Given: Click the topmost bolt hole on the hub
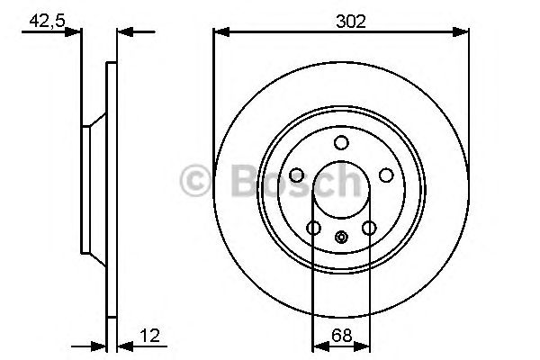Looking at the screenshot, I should (x=341, y=142).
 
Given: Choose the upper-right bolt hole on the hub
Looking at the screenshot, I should (x=386, y=175).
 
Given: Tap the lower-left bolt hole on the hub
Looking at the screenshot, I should (x=313, y=228).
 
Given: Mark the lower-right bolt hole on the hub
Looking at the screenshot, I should (x=369, y=228).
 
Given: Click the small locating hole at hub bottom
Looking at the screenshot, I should (x=341, y=238).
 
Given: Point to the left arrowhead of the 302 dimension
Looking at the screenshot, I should (x=220, y=32).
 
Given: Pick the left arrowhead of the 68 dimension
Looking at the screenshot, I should (x=318, y=345).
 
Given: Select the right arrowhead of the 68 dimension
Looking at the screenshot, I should (x=365, y=345).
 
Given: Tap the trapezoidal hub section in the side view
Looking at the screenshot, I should (x=94, y=189).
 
